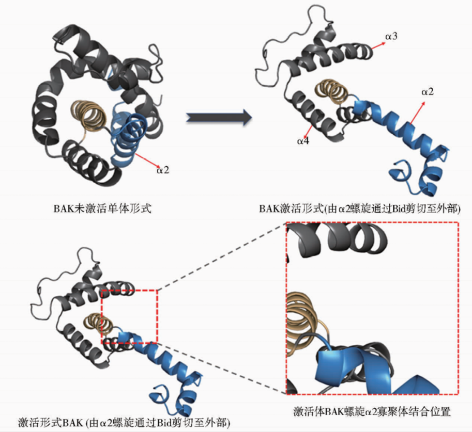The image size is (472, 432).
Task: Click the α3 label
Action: pos(390,37)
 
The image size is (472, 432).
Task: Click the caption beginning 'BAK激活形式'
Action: pos(360,209)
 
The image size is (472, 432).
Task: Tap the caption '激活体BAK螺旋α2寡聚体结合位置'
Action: pos(372,411)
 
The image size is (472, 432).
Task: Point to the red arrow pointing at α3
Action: pos(377,45)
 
